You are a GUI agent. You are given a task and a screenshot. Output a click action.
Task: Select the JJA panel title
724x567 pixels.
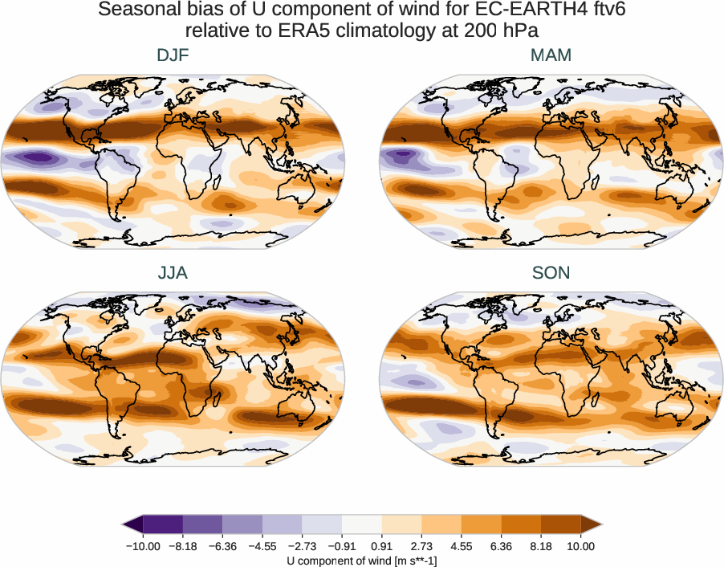tap(173, 273)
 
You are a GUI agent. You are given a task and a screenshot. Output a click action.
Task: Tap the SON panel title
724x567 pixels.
tap(551, 273)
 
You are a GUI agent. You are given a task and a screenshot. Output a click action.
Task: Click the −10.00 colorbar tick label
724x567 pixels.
tap(144, 546)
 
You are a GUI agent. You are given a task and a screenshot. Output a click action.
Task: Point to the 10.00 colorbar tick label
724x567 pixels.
tap(580, 546)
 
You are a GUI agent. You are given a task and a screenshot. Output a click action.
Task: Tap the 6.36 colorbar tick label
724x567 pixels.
tap(501, 546)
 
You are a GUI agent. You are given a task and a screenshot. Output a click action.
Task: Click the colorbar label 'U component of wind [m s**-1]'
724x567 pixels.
tap(362, 560)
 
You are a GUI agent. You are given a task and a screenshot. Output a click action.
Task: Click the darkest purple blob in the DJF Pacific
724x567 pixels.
tap(39, 157)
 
